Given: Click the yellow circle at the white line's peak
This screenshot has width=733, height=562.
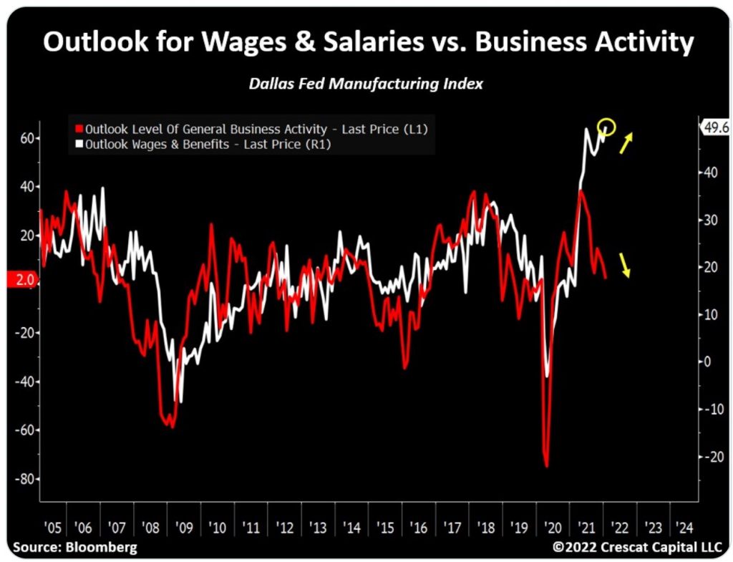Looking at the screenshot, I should tap(606, 127).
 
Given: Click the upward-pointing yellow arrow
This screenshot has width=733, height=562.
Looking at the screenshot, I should tap(626, 143).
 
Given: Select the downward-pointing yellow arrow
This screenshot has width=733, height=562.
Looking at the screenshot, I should tap(625, 266).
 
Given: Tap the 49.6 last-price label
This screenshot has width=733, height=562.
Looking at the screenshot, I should tap(715, 127).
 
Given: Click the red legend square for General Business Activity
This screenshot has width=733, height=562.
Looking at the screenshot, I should tap(79, 130).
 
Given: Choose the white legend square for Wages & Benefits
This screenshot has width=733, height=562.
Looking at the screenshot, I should tap(79, 144).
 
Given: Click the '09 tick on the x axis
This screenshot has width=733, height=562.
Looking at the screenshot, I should tap(185, 528).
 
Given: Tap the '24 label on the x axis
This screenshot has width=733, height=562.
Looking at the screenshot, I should tap(684, 528).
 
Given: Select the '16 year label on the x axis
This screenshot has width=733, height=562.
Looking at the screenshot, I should tap(418, 528).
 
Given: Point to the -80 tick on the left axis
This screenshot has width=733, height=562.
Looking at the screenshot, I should tap(24, 478).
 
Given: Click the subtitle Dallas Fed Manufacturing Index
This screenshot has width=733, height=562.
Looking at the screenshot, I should tap(366, 84).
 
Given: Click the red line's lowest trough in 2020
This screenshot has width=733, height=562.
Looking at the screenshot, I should tap(546, 466).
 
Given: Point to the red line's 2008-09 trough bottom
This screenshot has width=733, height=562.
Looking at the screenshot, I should tap(171, 427).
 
